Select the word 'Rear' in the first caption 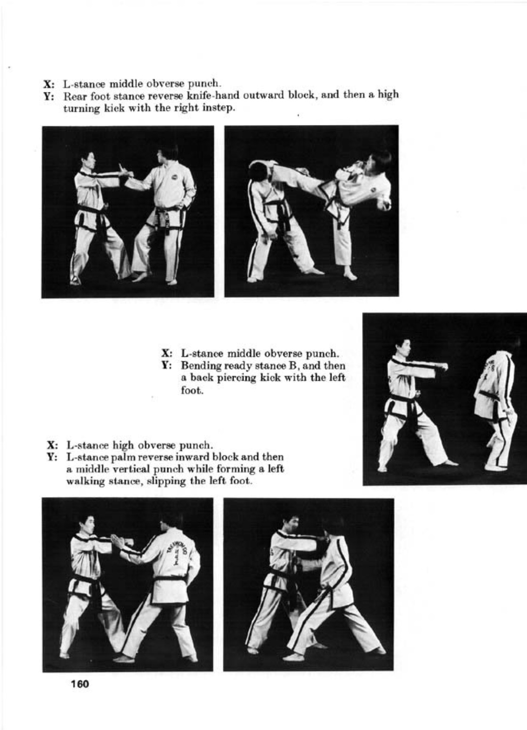click(x=74, y=96)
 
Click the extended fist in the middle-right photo click(x=442, y=366)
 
